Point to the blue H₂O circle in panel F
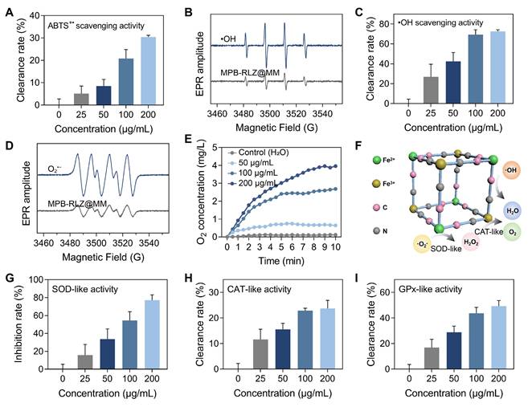tap(510, 209)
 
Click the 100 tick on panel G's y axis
tap(40, 281)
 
